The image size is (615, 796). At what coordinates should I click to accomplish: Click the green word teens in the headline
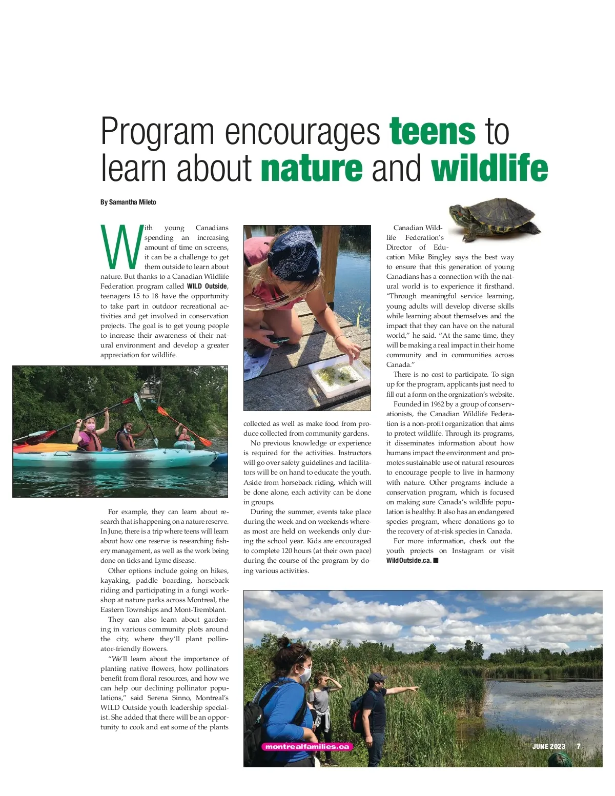pyautogui.click(x=433, y=132)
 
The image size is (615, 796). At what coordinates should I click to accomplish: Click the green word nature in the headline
pyautogui.click(x=312, y=169)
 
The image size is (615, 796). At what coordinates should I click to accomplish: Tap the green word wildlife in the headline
pyautogui.click(x=489, y=169)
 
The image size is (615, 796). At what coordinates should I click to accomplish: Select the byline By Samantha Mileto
pyautogui.click(x=128, y=202)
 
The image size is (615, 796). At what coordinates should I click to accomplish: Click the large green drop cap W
pyautogui.click(x=120, y=247)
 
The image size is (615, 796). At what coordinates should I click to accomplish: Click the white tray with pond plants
pyautogui.click(x=340, y=377)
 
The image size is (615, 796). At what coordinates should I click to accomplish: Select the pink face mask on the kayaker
pyautogui.click(x=91, y=426)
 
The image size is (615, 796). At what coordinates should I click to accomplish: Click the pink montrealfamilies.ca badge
pyautogui.click(x=307, y=747)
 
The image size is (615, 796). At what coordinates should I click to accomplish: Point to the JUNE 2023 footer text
pyautogui.click(x=548, y=746)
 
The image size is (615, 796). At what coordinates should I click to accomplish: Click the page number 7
pyautogui.click(x=579, y=746)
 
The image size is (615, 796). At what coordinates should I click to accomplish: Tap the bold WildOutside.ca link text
pyautogui.click(x=409, y=560)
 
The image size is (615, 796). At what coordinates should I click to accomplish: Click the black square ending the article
pyautogui.click(x=436, y=560)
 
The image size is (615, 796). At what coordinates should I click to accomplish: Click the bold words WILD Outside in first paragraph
pyautogui.click(x=207, y=287)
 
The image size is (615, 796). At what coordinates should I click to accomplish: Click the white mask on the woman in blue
pyautogui.click(x=305, y=675)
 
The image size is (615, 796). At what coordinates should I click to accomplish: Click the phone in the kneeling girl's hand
pyautogui.click(x=279, y=340)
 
